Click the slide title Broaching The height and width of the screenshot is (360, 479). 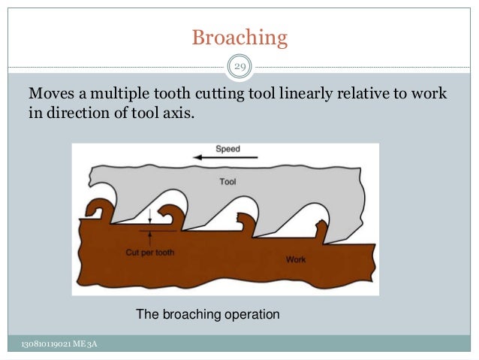[x=239, y=37]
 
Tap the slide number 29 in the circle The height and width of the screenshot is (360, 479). [x=239, y=68]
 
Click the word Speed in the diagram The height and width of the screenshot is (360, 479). [x=227, y=149]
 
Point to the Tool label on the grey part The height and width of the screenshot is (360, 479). [x=227, y=181]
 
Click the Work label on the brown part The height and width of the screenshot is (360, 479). [x=296, y=259]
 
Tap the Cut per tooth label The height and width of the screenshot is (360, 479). [x=149, y=253]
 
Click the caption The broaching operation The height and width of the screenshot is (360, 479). [x=207, y=314]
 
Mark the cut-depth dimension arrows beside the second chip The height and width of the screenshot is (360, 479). [x=151, y=224]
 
